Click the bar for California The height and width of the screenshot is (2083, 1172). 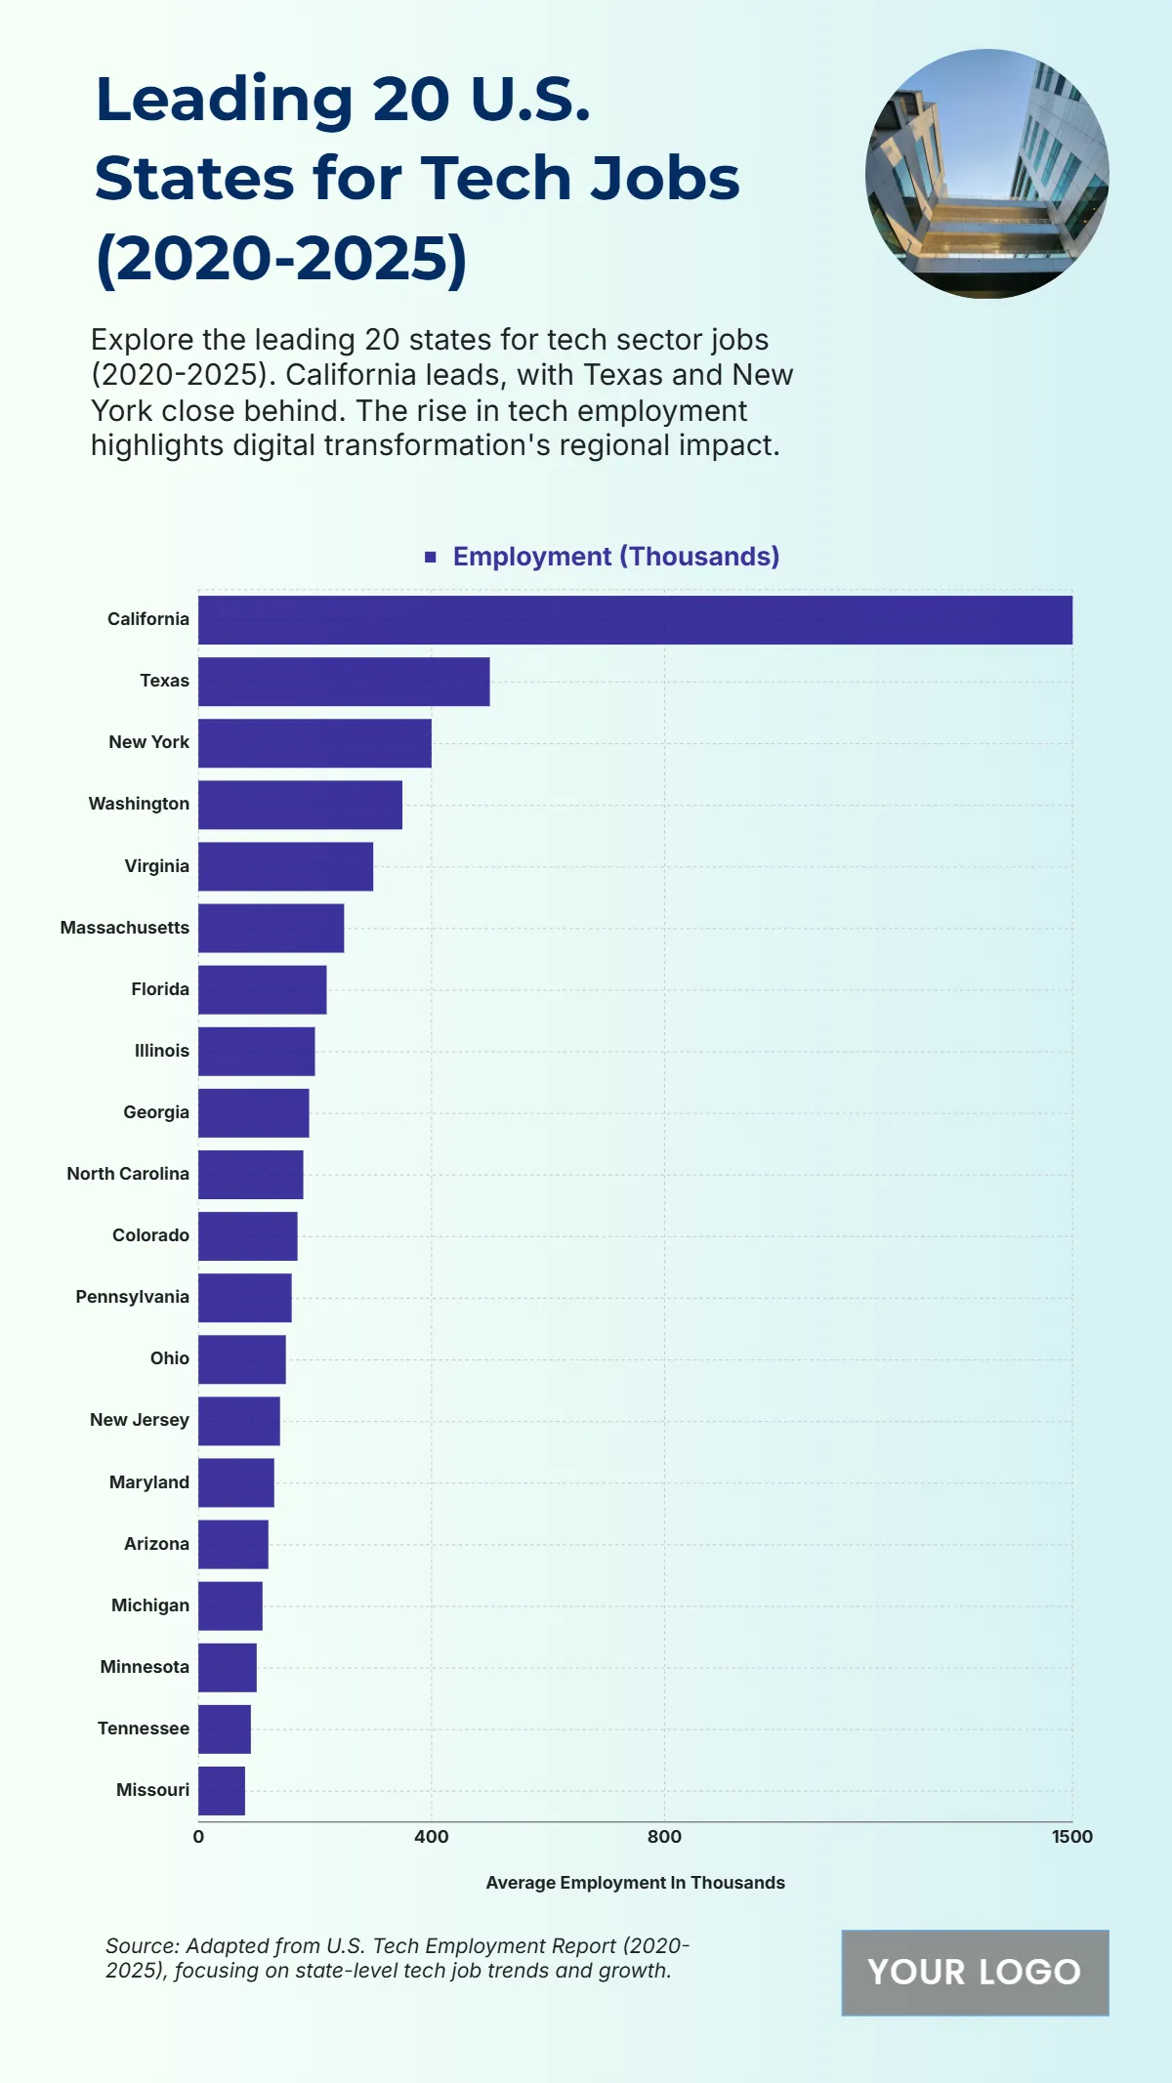coord(635,620)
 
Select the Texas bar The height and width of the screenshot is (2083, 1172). coord(344,682)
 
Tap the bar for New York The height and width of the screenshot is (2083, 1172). coord(314,743)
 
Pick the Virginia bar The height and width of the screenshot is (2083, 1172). coord(285,866)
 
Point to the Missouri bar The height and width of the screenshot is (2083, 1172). coord(222,1791)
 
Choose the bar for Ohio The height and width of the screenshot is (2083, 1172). coord(242,1359)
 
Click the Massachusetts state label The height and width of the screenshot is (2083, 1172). coord(125,928)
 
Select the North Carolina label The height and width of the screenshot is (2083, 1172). coord(128,1174)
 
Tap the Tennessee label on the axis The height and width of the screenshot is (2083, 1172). coord(144,1729)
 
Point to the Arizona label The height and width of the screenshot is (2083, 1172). coord(156,1544)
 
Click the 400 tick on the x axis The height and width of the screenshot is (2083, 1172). coord(432,1837)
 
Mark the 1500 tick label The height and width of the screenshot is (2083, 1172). coord(1071,1837)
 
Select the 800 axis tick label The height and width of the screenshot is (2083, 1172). coord(664,1837)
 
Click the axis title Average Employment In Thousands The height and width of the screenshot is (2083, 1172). coord(635,1883)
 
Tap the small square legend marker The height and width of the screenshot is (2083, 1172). coord(431,557)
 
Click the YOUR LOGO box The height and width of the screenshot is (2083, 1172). coord(975,1973)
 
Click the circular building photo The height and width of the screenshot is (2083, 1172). coord(986,174)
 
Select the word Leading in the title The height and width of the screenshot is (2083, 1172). coord(225,100)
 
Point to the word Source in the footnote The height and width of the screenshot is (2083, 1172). coord(141,1945)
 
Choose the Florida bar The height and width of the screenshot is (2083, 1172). coord(262,989)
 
